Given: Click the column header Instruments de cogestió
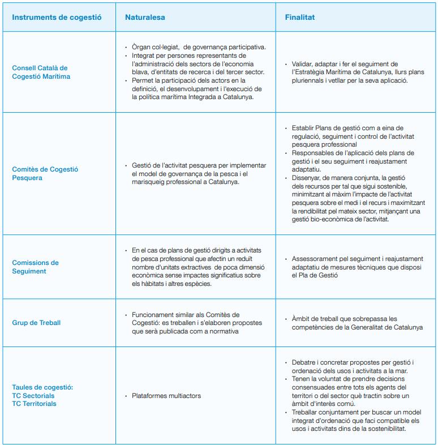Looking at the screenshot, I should point(57,17).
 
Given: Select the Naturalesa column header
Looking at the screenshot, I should point(145,17).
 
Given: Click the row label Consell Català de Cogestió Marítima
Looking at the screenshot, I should point(41,72).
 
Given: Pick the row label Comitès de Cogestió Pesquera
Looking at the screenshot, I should point(45,173).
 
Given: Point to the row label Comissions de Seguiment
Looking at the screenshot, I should point(35,267).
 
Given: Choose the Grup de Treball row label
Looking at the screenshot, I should point(36,323).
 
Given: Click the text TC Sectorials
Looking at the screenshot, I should point(33,396).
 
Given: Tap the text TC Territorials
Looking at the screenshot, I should point(34,404).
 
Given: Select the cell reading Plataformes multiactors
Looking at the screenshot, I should point(166,396).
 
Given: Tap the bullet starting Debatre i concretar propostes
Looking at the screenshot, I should point(353,366).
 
